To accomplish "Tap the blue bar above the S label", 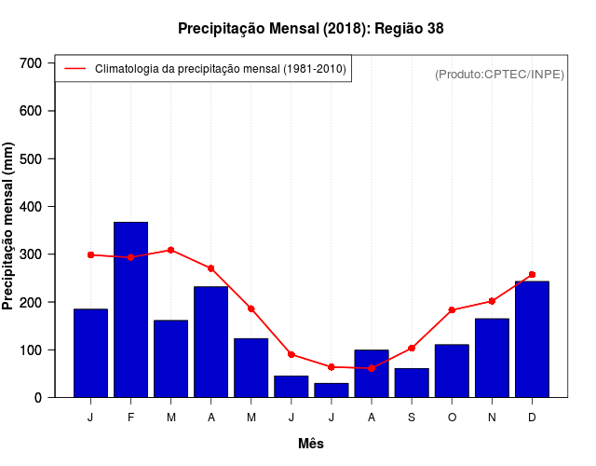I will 411,382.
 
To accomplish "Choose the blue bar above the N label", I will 492,358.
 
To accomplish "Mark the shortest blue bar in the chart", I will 331,390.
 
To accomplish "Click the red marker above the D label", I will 532,275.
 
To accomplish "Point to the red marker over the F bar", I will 130,257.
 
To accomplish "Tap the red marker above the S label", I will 411,349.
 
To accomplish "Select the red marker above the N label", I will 492,301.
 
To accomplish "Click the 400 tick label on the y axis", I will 32,207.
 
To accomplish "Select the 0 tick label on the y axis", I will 38,398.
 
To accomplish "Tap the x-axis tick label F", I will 130,418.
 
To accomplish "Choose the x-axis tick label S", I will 411,418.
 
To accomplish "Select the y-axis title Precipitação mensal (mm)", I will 9,226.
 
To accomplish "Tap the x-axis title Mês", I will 311,444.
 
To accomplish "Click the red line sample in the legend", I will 74,68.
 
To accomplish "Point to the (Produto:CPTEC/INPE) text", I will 499,74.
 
